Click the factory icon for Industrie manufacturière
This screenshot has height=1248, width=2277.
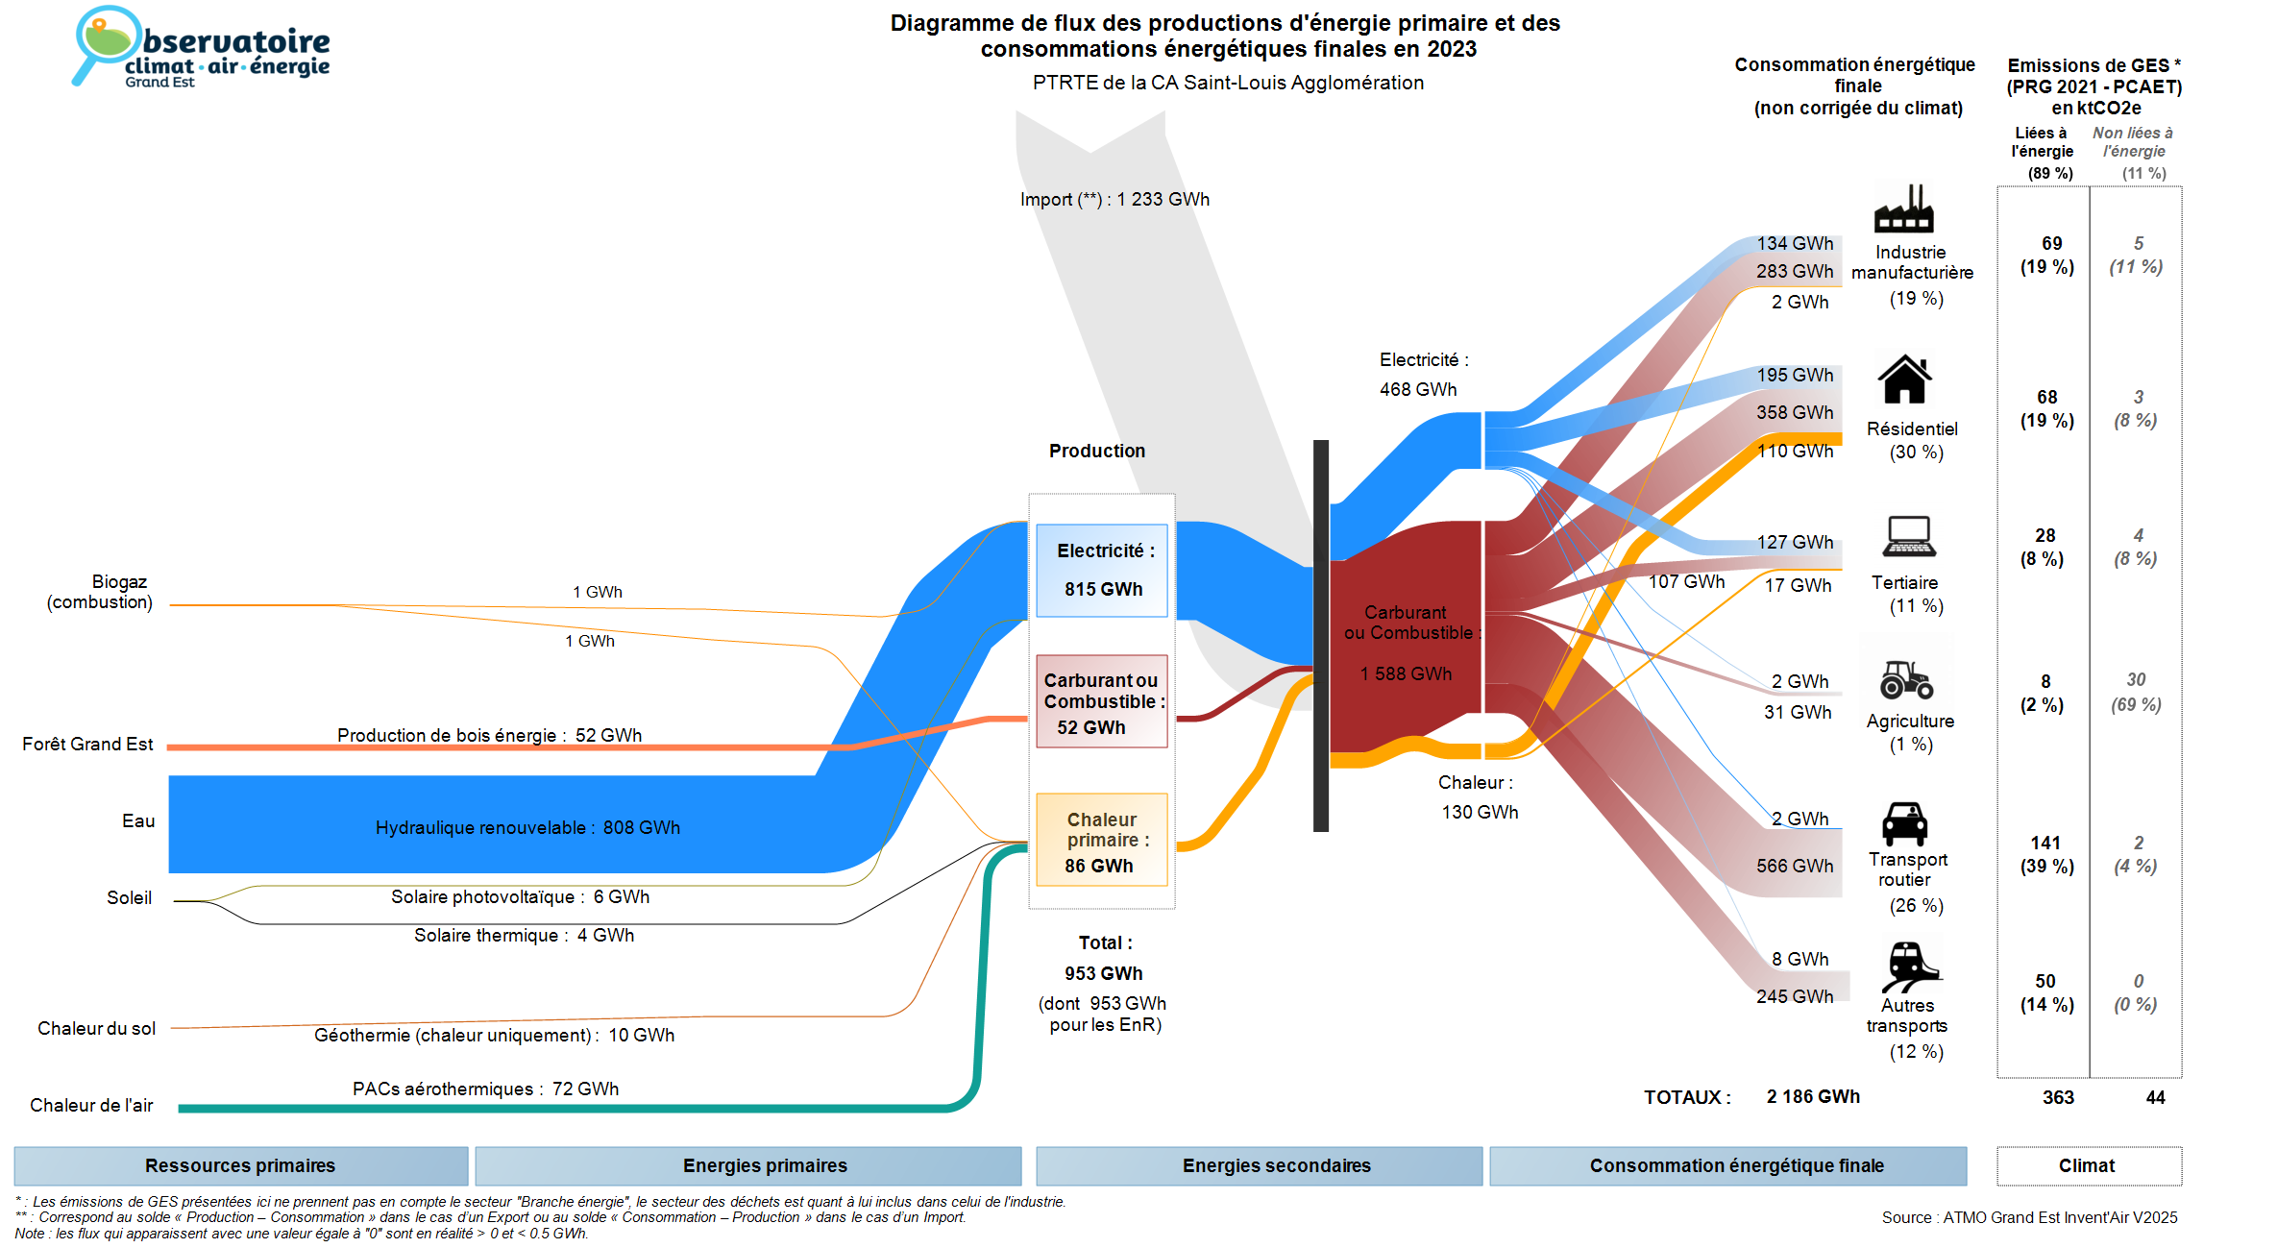click(1903, 208)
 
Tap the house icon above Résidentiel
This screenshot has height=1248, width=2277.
click(1904, 379)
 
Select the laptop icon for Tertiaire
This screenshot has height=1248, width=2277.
click(1909, 536)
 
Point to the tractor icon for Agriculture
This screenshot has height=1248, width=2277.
click(1906, 679)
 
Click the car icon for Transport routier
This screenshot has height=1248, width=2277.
click(1904, 823)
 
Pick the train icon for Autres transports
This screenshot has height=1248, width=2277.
click(1910, 966)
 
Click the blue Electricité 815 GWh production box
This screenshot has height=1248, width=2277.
click(1102, 570)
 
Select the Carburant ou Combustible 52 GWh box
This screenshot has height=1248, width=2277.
click(1102, 701)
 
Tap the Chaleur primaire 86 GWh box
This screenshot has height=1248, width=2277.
click(1102, 840)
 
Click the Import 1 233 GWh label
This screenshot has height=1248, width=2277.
click(1114, 200)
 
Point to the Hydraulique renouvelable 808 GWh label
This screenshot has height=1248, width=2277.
click(527, 827)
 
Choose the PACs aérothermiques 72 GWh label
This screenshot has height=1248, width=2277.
click(485, 1089)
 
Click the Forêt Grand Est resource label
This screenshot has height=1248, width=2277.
click(87, 744)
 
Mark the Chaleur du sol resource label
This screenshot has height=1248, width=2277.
click(96, 1028)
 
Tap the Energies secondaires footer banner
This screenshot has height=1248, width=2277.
click(1276, 1165)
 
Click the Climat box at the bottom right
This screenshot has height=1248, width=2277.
click(2088, 1165)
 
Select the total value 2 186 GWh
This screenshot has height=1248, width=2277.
click(1813, 1096)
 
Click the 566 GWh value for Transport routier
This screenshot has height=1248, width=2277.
click(1795, 866)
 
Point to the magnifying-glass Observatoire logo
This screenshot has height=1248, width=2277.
click(106, 43)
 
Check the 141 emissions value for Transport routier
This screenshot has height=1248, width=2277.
click(2045, 843)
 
